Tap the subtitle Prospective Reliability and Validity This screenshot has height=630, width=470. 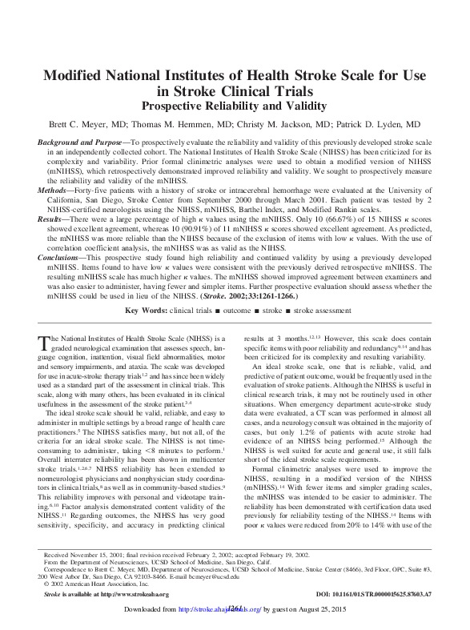(x=235, y=105)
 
